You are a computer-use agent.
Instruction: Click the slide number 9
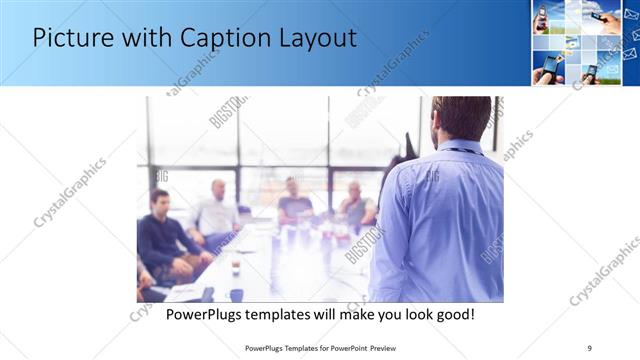pyautogui.click(x=590, y=348)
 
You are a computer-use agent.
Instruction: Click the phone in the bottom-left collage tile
pyautogui.click(x=549, y=65)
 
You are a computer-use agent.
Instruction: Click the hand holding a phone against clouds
pyautogui.click(x=610, y=20)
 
